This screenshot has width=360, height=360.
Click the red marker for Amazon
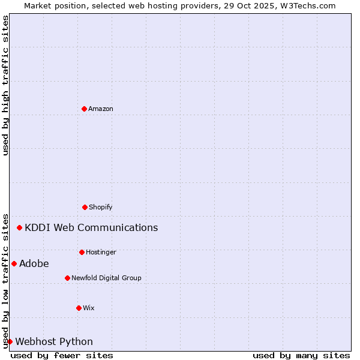click(x=84, y=109)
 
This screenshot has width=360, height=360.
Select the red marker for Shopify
click(x=85, y=207)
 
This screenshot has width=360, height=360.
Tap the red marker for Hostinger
click(x=82, y=252)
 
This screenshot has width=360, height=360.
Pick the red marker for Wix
click(x=79, y=308)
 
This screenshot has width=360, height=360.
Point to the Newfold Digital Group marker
click(x=67, y=278)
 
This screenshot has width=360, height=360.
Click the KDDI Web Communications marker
click(x=20, y=227)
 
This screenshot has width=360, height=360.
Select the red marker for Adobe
click(x=14, y=263)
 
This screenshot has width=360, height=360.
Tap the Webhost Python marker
click(x=10, y=341)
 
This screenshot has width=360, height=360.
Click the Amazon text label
click(x=101, y=109)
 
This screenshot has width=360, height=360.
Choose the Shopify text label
click(x=101, y=207)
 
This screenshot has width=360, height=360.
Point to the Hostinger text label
click(x=101, y=252)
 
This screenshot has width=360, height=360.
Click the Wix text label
click(x=89, y=308)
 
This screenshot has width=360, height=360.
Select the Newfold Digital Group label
click(x=106, y=278)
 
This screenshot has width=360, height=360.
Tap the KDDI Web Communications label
click(x=91, y=227)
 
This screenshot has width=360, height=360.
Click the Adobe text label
click(x=34, y=263)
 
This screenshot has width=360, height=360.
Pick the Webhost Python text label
click(x=54, y=341)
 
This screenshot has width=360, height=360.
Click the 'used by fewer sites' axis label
click(x=62, y=355)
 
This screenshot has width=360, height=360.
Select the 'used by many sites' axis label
click(x=301, y=355)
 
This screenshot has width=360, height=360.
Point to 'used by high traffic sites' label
click(x=5, y=85)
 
